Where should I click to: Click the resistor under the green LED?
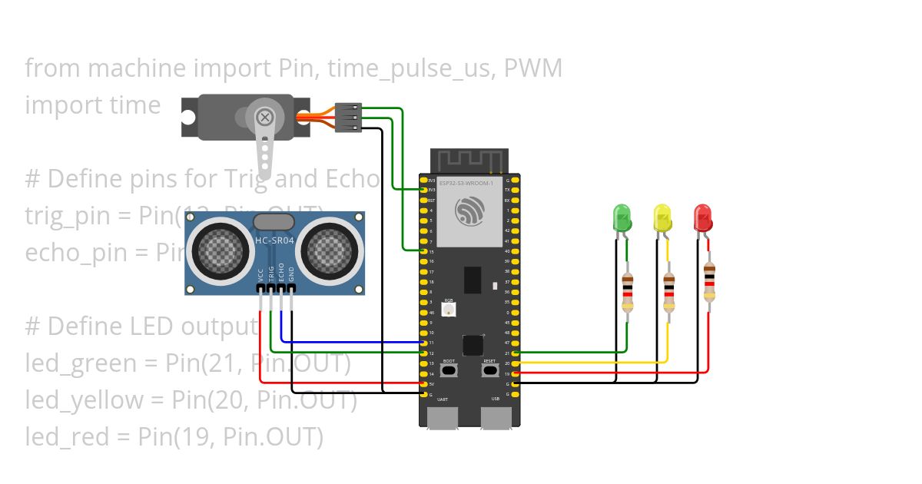[x=628, y=293]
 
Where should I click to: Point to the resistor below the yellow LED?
[x=668, y=293]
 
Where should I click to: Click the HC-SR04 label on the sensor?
[x=274, y=241]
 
